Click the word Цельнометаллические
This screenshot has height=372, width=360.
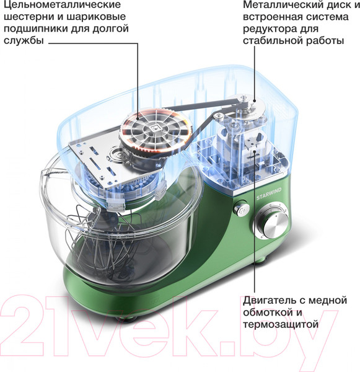tap(62, 5)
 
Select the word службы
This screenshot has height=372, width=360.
tap(24, 40)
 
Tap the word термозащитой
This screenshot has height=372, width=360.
tap(280, 324)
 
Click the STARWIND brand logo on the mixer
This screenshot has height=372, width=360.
tap(269, 194)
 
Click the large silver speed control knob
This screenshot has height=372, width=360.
tap(272, 223)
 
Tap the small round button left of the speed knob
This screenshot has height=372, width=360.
tap(241, 208)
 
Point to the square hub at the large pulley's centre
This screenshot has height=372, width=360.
tap(154, 128)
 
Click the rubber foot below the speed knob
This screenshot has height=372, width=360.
tap(261, 260)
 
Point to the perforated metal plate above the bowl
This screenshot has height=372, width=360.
tap(114, 157)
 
